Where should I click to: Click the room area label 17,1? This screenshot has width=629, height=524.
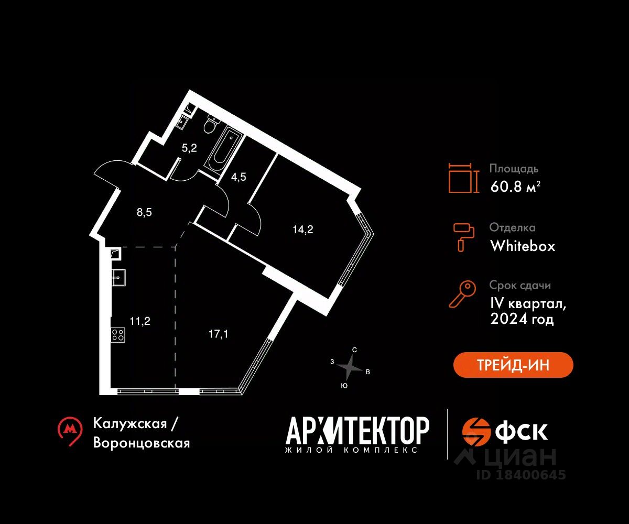[218, 334]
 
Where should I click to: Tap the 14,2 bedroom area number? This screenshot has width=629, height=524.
[303, 230]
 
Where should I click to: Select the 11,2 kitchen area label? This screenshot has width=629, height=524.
[140, 321]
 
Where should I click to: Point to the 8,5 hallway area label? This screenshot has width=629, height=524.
[144, 212]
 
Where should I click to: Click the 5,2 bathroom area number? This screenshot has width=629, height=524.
[189, 148]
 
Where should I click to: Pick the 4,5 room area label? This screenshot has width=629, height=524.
[238, 177]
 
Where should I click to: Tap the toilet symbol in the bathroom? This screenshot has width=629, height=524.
[211, 125]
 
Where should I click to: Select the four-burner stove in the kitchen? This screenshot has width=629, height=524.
[118, 335]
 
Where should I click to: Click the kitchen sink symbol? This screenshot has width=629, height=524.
[118, 277]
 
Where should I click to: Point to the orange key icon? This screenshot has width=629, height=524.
[462, 294]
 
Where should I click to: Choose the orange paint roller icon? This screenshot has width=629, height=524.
[463, 237]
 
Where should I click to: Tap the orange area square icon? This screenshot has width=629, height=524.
[463, 178]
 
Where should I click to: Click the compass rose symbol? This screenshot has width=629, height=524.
[350, 367]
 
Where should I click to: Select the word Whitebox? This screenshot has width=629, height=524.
[523, 246]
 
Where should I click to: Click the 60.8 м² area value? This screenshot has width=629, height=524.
[515, 187]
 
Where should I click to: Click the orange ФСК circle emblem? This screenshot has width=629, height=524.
[475, 432]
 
